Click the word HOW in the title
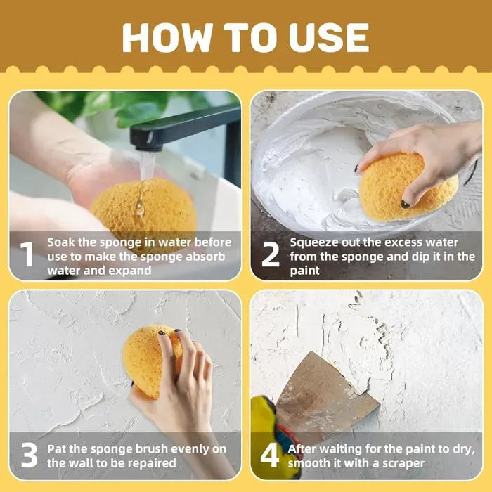(167, 38)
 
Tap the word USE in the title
(329, 38)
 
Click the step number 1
(27, 254)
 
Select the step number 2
(270, 254)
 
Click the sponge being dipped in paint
(408, 188)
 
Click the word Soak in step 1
(62, 242)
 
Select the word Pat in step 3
(57, 449)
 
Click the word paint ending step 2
(304, 271)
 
